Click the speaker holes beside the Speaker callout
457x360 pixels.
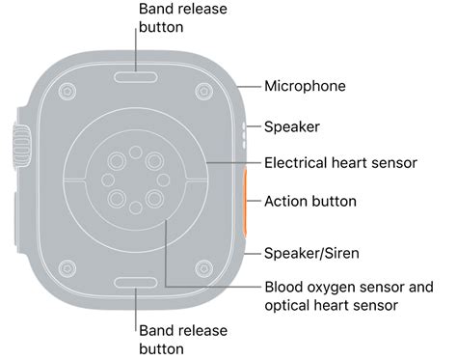[x=242, y=127]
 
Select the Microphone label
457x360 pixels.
[x=305, y=86]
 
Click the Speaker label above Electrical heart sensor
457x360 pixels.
[x=292, y=126]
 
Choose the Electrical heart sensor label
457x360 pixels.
[x=340, y=163]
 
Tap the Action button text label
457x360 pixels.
[x=310, y=202]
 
